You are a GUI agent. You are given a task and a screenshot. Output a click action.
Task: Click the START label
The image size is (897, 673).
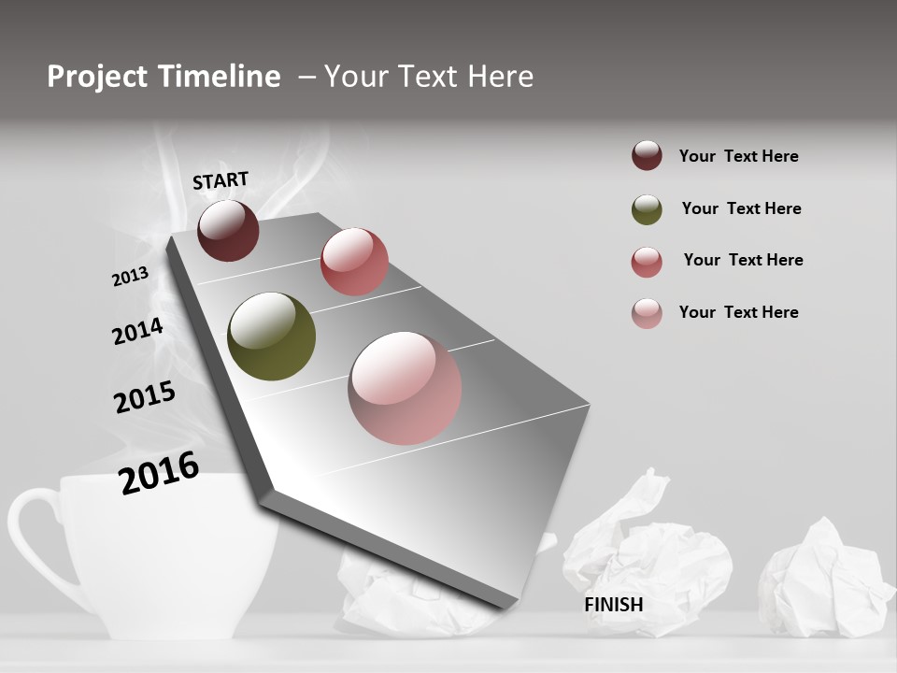(x=221, y=180)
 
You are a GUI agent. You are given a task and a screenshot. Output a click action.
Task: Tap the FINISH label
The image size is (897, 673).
(x=614, y=605)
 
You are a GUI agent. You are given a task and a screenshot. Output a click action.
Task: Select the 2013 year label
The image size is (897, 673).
(x=131, y=277)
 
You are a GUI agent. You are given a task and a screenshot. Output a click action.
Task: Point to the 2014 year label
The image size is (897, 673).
(x=137, y=332)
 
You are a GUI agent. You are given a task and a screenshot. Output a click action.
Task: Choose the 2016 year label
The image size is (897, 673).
(x=159, y=473)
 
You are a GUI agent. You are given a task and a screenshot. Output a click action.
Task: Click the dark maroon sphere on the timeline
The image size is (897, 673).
(x=228, y=230)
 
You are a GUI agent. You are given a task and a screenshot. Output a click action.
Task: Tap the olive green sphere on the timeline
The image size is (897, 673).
(x=271, y=336)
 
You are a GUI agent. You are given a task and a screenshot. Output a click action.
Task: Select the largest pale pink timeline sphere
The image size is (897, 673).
(x=405, y=388)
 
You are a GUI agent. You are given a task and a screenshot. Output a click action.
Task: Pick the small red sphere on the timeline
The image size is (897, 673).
(x=354, y=262)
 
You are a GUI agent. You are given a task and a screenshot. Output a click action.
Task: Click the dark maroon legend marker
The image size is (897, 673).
(x=647, y=156)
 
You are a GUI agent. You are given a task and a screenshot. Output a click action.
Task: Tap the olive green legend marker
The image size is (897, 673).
(x=647, y=209)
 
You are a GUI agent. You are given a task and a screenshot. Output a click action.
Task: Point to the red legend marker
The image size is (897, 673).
(x=647, y=262)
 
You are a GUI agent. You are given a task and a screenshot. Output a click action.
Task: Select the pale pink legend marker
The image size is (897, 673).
(x=647, y=313)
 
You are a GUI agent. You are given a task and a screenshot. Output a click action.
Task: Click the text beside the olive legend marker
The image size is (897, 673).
(x=741, y=208)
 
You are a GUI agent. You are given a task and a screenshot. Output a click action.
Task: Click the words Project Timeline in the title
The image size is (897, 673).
(x=164, y=77)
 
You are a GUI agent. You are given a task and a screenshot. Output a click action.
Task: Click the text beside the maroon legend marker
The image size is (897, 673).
(x=738, y=156)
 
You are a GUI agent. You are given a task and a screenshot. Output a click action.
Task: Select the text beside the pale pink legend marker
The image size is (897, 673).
(x=738, y=312)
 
